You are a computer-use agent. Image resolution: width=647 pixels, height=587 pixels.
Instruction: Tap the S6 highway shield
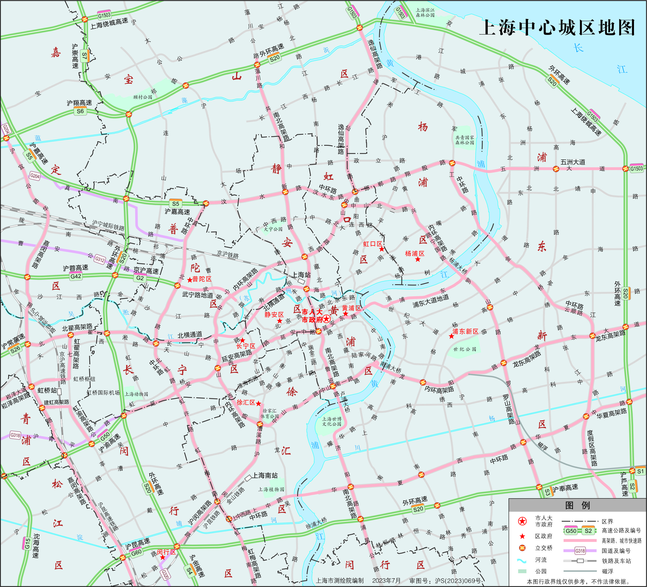pyautogui.click(x=80, y=111)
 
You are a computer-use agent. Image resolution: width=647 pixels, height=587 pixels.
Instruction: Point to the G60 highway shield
pyautogui.click(x=136, y=552)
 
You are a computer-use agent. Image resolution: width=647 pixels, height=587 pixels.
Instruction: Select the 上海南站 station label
pyautogui.click(x=265, y=475)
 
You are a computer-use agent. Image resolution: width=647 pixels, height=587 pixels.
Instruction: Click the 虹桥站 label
pyautogui.click(x=47, y=390)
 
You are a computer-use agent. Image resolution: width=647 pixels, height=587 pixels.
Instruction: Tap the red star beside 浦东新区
pyautogui.click(x=451, y=336)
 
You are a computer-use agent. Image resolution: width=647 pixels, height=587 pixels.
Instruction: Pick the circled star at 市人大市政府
pyautogui.click(x=326, y=319)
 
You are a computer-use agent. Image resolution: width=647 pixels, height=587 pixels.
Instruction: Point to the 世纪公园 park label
pyautogui.click(x=465, y=349)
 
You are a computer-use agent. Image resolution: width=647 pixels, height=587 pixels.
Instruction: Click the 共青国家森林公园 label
pyautogui.click(x=464, y=140)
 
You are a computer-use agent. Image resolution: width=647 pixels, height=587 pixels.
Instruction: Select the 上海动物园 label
pyautogui.click(x=136, y=394)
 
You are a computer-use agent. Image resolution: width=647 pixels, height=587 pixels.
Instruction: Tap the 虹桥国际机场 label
pyautogui.click(x=103, y=392)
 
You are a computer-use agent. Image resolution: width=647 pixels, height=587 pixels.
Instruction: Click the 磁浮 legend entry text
pyautogui.click(x=607, y=571)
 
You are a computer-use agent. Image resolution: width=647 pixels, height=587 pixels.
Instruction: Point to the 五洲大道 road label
pyautogui.click(x=573, y=162)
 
